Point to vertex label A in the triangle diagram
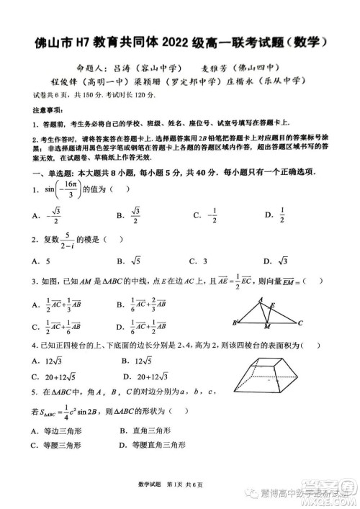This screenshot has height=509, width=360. [261, 281]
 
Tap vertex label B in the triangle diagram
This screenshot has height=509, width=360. [235, 302]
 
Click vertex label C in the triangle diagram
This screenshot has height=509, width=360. [300, 303]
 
